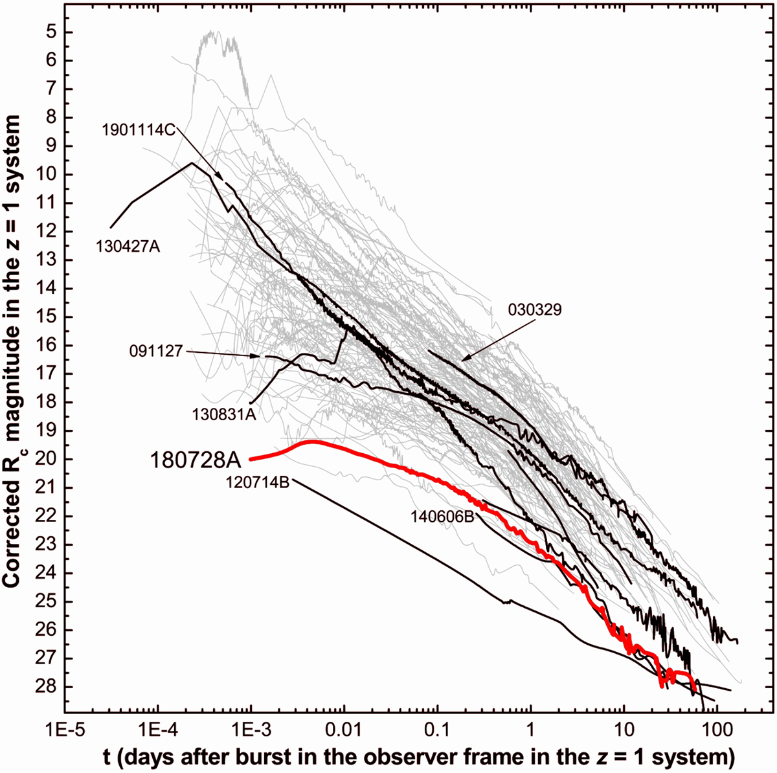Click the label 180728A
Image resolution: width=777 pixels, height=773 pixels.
click(196, 460)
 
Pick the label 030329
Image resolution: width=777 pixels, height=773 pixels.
click(535, 310)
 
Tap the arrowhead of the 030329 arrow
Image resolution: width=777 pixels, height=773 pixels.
click(462, 359)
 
